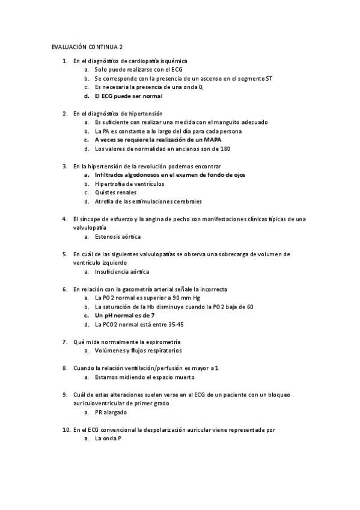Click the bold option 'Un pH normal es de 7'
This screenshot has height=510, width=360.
[124, 315]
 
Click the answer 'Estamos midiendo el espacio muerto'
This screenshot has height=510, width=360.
[145, 377]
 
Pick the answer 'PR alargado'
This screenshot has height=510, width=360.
[111, 413]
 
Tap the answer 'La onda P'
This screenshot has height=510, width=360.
[108, 439]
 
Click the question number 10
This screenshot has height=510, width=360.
[66, 430]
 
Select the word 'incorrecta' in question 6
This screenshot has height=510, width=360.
[213, 289]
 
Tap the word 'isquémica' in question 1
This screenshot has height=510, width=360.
[174, 61]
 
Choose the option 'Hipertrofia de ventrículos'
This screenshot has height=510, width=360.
[129, 183]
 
